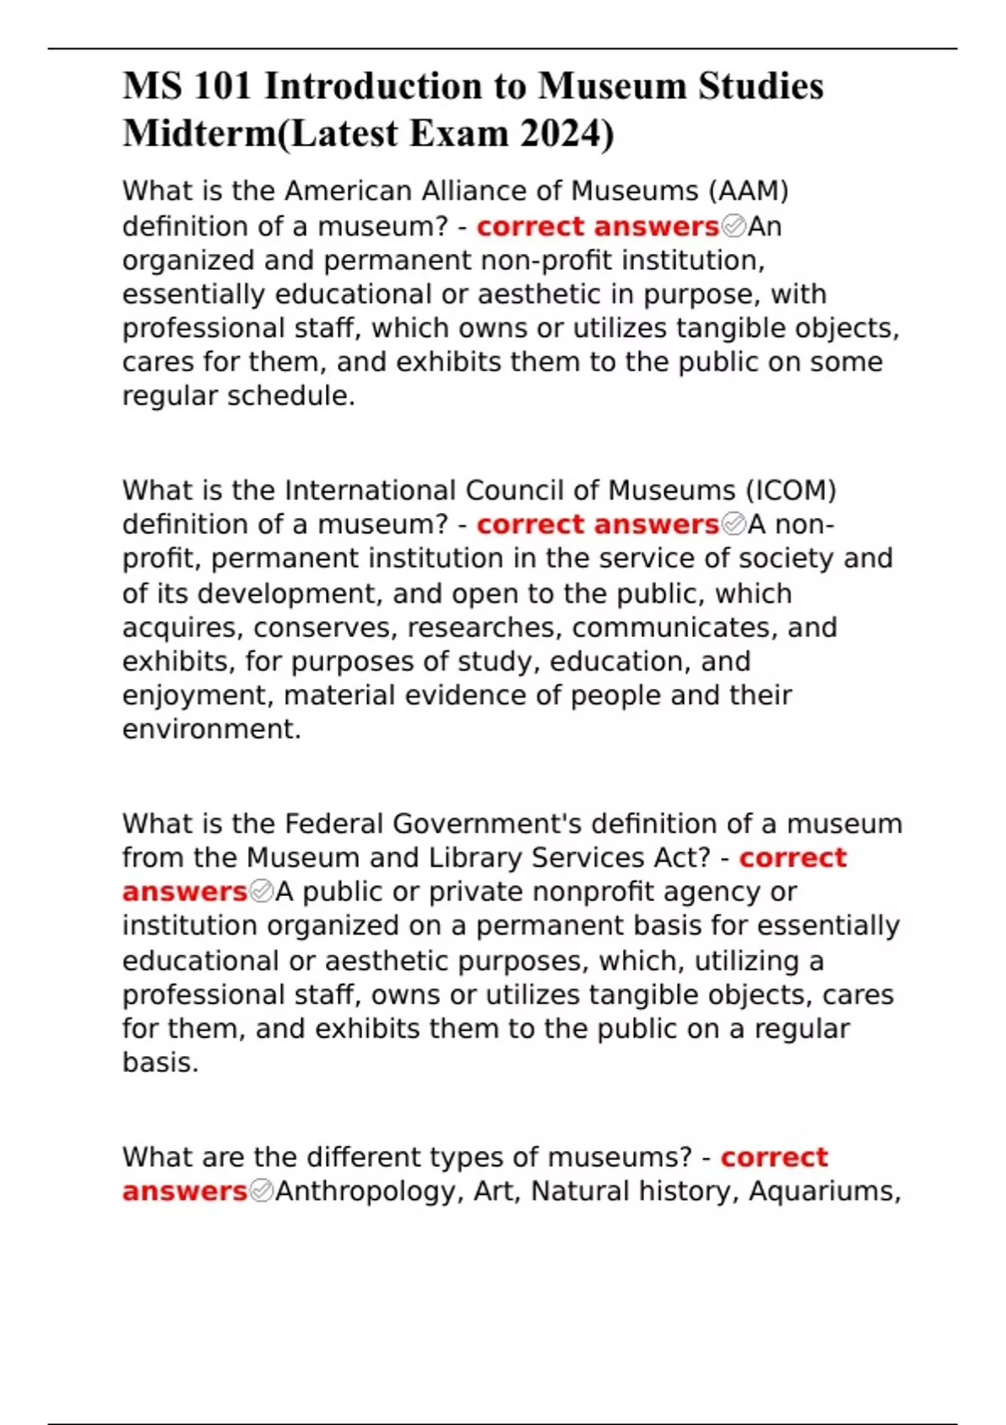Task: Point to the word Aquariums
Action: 823,1191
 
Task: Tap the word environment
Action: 210,729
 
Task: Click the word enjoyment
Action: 199,696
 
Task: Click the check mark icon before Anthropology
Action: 262,1191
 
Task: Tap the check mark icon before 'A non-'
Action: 734,525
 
